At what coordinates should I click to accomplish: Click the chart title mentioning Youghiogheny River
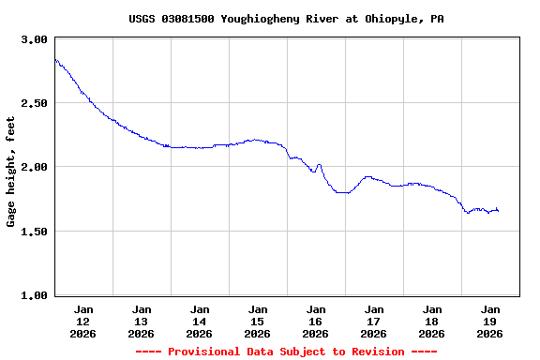286,19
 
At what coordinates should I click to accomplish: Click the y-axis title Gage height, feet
11,172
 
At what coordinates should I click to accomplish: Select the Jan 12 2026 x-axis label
83,321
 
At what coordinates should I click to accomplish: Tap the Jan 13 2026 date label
142,321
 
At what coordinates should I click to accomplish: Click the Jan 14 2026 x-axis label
200,321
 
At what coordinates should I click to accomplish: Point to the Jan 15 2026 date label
258,321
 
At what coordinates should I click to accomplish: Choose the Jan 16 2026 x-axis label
316,321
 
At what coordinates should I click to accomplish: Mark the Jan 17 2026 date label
374,321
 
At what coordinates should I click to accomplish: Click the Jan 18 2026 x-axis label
432,321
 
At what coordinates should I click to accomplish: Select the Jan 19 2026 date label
490,321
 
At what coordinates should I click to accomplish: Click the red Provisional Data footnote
286,352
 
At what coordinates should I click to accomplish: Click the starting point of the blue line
55,59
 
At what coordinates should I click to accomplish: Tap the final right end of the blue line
498,210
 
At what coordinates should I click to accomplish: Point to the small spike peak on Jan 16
319,165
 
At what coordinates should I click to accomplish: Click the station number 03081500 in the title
190,19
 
